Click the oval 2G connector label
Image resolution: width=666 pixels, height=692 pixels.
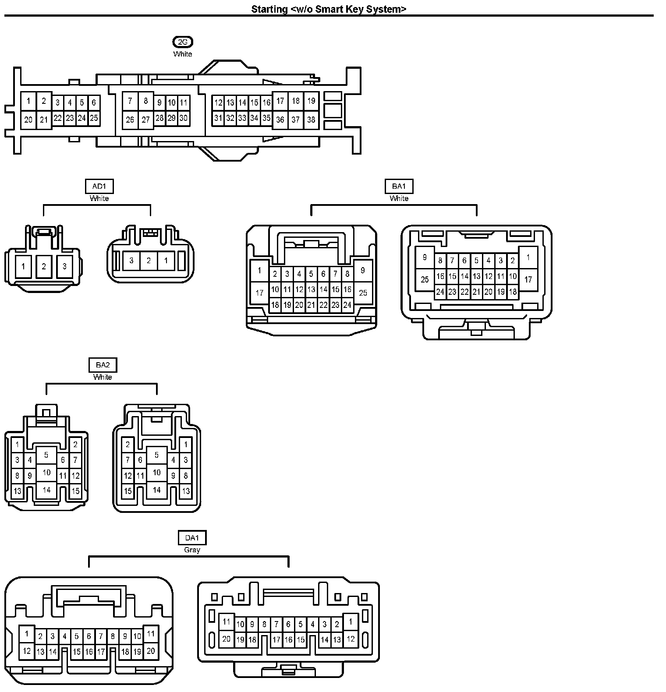click(183, 42)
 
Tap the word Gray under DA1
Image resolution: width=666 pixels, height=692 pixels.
click(192, 550)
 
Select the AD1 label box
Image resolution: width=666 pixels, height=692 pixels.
click(99, 187)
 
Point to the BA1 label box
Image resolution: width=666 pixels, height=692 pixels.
click(399, 187)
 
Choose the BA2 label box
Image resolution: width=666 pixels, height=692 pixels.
click(103, 365)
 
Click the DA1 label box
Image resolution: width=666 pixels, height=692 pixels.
click(192, 538)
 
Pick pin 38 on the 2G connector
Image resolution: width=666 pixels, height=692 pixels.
click(311, 120)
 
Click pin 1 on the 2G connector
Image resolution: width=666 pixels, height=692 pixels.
click(28, 101)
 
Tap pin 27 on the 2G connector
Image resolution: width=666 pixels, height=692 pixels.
click(146, 120)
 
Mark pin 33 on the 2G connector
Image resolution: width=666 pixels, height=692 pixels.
click(242, 118)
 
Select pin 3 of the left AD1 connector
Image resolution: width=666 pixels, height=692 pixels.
click(64, 266)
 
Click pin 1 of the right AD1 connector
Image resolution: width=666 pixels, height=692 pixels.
click(166, 261)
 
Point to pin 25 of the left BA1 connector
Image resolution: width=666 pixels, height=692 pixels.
click(363, 293)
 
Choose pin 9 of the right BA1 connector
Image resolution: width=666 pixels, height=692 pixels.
click(424, 258)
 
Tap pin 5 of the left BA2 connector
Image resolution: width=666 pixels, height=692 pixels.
click(46, 455)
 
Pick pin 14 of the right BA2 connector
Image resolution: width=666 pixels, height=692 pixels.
click(156, 490)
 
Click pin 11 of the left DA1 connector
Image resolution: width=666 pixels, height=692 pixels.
click(151, 633)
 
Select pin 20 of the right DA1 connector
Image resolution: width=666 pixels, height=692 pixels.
click(226, 639)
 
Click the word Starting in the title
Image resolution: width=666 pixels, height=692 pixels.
click(269, 9)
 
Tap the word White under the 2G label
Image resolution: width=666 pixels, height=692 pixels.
click(183, 54)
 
